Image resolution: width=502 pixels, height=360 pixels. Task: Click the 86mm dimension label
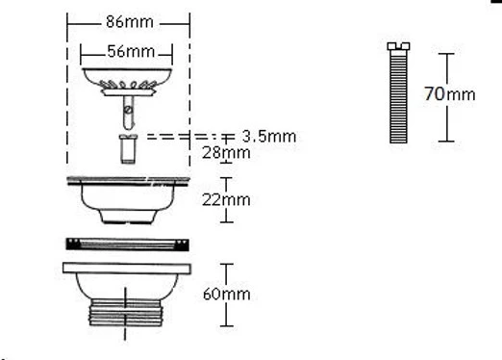click(130, 22)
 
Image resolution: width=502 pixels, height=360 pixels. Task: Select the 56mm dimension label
click(131, 51)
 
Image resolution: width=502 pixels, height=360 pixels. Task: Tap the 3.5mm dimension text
click(269, 137)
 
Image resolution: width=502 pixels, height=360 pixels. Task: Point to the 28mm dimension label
click(226, 153)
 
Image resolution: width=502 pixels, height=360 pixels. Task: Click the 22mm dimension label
click(226, 200)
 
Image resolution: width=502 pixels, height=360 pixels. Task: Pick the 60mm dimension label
click(227, 294)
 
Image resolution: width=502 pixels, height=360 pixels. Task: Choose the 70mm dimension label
click(450, 94)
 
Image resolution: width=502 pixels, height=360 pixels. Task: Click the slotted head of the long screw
click(398, 46)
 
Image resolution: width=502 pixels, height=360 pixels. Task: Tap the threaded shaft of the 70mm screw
click(398, 96)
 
